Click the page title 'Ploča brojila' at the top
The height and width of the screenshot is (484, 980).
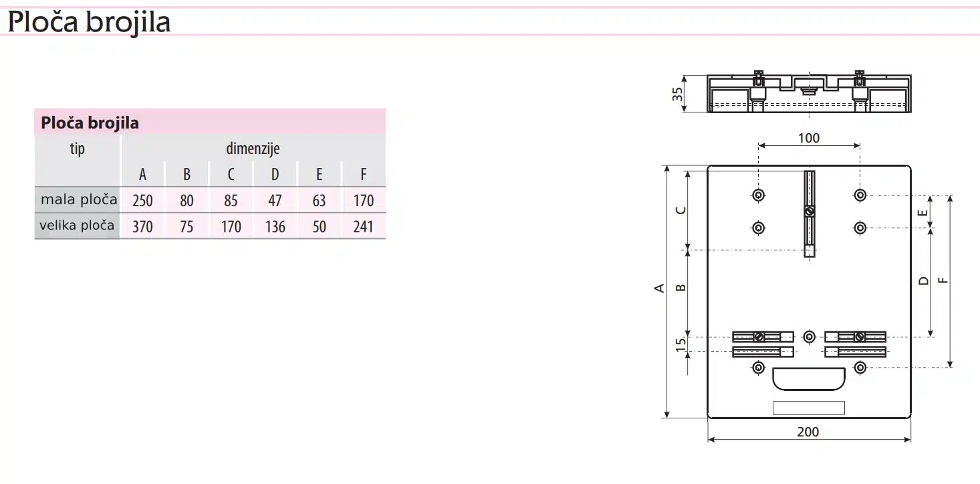(89, 22)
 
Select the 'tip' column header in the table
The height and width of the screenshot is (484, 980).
(78, 149)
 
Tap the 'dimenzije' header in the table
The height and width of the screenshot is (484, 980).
(253, 149)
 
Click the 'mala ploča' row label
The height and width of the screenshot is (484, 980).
(79, 199)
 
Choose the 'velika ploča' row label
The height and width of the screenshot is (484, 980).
(77, 226)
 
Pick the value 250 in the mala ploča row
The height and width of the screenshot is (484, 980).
(142, 201)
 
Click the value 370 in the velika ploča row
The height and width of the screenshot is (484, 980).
(142, 226)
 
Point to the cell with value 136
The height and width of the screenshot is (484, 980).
(275, 226)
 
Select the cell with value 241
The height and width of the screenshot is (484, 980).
(363, 226)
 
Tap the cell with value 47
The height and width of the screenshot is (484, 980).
(275, 201)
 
